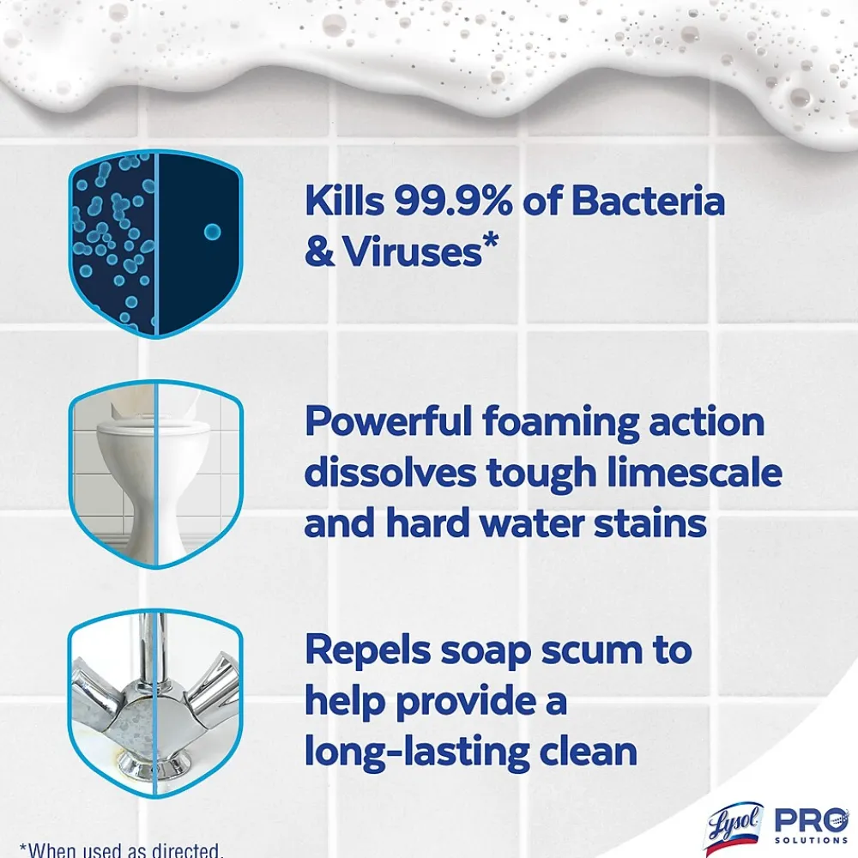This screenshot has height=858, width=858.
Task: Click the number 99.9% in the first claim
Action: click(x=454, y=200)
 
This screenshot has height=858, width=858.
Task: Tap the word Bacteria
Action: click(x=648, y=200)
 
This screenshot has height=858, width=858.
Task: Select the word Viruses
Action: click(x=413, y=251)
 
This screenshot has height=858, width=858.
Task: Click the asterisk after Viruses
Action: click(x=491, y=241)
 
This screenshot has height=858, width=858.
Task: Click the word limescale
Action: click(x=694, y=472)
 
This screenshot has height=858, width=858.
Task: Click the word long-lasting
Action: click(x=417, y=752)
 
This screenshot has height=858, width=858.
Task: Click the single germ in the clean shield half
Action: click(x=212, y=232)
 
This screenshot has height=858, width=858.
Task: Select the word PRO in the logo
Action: click(x=811, y=820)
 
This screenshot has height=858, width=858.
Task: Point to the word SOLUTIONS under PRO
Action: click(x=811, y=841)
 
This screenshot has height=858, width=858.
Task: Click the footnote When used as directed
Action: click(x=122, y=849)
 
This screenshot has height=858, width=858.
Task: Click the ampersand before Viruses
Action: click(x=319, y=251)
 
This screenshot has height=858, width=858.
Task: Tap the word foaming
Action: click(x=560, y=422)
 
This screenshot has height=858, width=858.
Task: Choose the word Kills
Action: click(x=345, y=200)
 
